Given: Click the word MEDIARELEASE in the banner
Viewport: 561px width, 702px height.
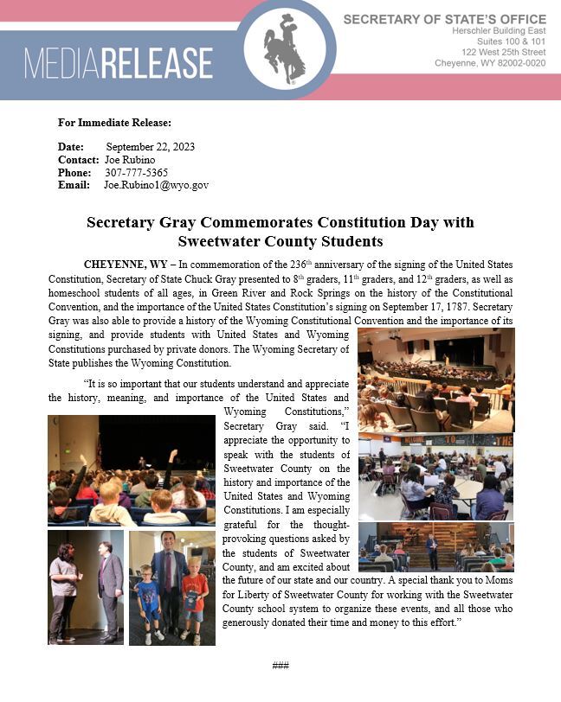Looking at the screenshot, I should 119,64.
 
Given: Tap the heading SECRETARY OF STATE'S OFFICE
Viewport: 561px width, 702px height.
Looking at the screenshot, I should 444,19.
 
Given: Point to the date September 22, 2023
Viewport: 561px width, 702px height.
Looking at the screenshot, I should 150,146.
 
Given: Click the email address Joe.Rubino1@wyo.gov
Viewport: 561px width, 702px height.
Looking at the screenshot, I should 156,185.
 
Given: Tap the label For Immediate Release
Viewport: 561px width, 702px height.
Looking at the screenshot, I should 114,122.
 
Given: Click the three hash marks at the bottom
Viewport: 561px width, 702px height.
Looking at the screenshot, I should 280,665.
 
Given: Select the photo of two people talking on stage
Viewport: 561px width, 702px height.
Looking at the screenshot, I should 85,587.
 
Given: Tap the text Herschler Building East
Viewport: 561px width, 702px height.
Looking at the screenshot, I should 499,30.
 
